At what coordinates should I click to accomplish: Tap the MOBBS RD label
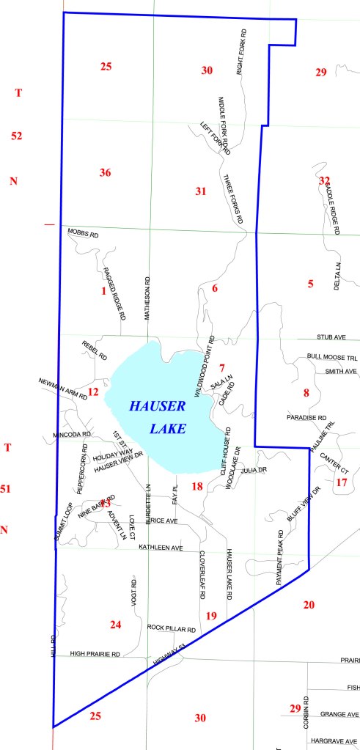coord(83,232)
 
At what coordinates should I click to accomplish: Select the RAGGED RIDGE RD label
coord(114,293)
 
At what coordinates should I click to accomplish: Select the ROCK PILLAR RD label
coord(171,629)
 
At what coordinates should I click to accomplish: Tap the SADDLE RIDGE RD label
coord(331,207)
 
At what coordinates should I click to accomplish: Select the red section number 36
coord(105,172)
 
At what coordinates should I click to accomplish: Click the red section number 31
coord(200,191)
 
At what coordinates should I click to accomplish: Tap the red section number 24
coord(115,625)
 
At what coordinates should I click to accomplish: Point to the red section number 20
coord(309,604)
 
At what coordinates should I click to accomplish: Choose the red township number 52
coord(18,136)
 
